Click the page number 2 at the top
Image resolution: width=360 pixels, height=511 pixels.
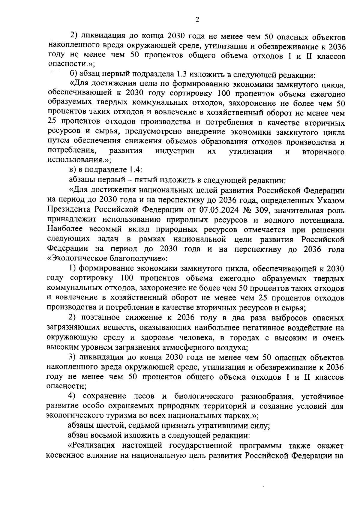point(197,20)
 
